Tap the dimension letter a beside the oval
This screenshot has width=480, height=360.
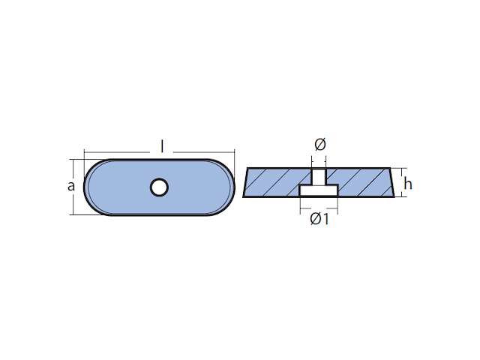[x=72, y=186]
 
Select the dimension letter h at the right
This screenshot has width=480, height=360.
[x=408, y=184]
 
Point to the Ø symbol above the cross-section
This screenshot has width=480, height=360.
[x=319, y=144]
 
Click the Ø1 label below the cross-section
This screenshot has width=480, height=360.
[x=319, y=219]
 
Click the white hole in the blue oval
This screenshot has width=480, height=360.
[x=159, y=186]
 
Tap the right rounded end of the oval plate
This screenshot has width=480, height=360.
[x=224, y=186]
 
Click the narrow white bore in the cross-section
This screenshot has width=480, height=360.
[x=319, y=177]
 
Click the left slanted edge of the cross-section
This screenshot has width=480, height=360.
[x=246, y=184]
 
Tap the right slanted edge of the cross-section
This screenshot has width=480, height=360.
[x=391, y=184]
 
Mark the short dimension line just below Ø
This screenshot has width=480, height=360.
[x=319, y=157]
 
